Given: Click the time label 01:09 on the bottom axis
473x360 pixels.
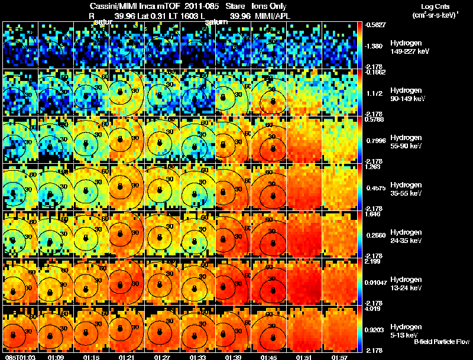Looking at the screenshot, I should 56,357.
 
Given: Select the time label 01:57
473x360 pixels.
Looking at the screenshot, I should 339,357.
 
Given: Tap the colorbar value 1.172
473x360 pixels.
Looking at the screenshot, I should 375,93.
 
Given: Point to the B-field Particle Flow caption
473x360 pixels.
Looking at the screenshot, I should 441,342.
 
